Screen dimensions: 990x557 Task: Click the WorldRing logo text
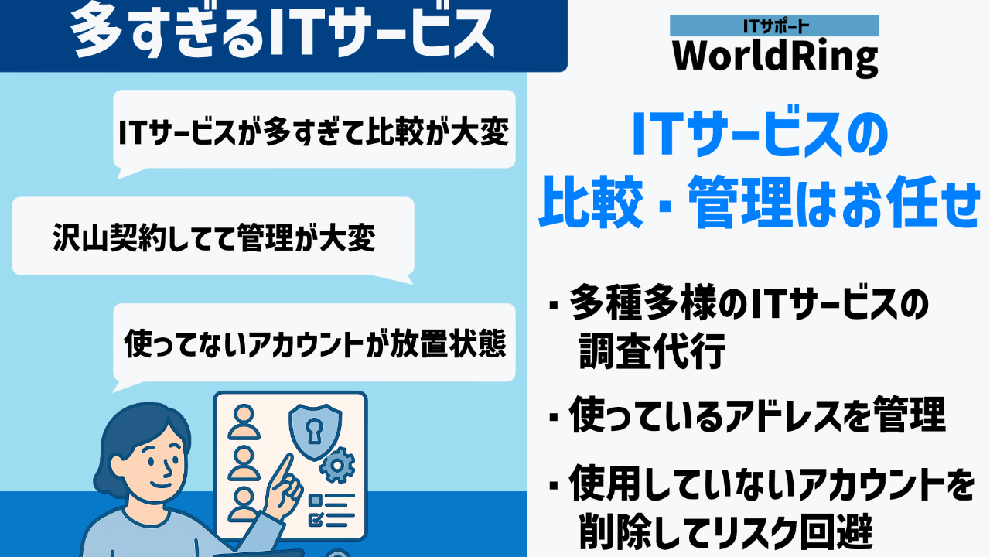pyautogui.click(x=775, y=58)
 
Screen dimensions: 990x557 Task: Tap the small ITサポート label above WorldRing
pyautogui.click(x=775, y=26)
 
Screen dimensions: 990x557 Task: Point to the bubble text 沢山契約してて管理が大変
pyautogui.click(x=214, y=237)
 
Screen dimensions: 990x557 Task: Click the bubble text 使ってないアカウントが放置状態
pyautogui.click(x=315, y=343)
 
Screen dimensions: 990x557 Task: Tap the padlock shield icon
pyautogui.click(x=315, y=431)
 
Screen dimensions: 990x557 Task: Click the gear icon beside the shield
pyautogui.click(x=336, y=465)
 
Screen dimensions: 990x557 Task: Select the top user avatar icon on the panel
pyautogui.click(x=244, y=422)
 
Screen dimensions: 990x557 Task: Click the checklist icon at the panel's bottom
pyautogui.click(x=331, y=511)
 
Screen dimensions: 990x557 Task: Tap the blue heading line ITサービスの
pyautogui.click(x=760, y=134)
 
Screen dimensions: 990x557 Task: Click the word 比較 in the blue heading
pyautogui.click(x=590, y=202)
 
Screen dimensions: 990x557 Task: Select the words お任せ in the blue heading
pyautogui.click(x=911, y=202)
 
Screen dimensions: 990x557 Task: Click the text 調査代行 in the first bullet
pyautogui.click(x=652, y=351)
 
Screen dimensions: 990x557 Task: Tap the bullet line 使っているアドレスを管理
pyautogui.click(x=756, y=414)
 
